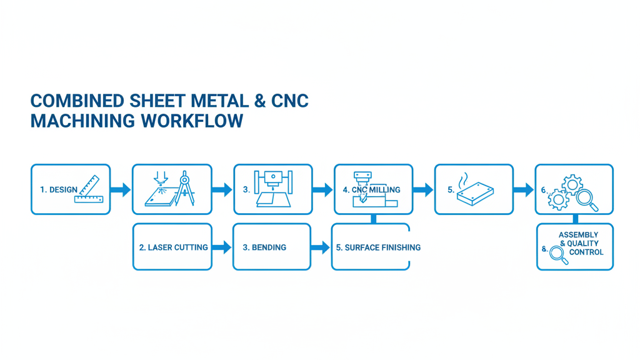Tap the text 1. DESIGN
(x=59, y=189)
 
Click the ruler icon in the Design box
(x=89, y=190)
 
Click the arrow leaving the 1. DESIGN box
(x=121, y=189)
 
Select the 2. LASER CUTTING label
(x=173, y=247)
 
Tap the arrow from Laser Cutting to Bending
(x=222, y=247)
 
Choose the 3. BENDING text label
(x=264, y=247)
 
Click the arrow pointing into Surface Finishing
(x=320, y=247)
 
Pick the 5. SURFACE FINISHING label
(x=378, y=247)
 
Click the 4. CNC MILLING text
(x=371, y=189)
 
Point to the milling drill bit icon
(x=363, y=195)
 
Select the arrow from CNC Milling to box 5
(x=423, y=189)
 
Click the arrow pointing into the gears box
(x=524, y=189)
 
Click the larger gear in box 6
(x=572, y=184)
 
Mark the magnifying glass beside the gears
(x=587, y=199)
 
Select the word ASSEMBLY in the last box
(x=578, y=235)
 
